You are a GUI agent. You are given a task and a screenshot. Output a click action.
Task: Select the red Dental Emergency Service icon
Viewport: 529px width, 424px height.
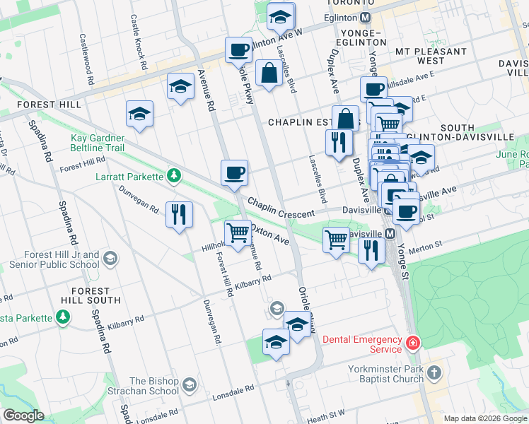[412, 344]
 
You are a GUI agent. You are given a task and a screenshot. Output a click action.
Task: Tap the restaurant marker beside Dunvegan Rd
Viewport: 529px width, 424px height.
[179, 213]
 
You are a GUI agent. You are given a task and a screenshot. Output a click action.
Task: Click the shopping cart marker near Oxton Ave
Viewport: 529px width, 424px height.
[238, 232]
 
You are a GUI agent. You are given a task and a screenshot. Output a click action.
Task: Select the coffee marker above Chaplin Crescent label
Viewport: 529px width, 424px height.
[235, 172]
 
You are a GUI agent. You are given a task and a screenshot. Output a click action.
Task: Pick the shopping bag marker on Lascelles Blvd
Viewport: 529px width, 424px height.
[269, 73]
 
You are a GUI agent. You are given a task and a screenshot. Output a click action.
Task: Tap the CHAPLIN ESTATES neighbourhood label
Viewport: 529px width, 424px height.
[309, 122]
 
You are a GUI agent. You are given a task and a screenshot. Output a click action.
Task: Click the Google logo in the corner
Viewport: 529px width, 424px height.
[23, 416]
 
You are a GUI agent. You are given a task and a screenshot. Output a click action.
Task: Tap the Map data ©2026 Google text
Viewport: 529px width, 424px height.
[484, 418]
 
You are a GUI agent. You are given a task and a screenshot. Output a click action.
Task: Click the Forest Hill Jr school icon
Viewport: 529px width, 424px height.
[110, 259]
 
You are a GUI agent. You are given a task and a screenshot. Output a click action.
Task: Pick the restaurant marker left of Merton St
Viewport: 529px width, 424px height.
[371, 249]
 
